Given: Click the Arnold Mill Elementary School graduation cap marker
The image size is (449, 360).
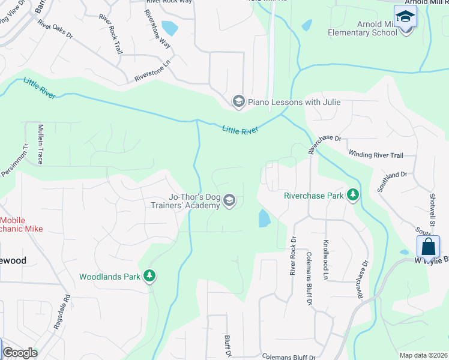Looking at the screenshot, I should [406, 16].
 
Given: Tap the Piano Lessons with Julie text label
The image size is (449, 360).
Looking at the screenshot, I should [294, 102].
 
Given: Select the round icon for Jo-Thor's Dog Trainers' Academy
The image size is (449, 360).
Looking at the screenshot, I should [229, 200].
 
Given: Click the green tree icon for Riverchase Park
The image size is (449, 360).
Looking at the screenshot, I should [354, 195].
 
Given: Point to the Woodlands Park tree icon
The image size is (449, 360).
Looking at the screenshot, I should [149, 276].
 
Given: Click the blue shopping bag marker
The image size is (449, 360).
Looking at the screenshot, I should [429, 247].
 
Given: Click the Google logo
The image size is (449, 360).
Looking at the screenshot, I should [20, 353].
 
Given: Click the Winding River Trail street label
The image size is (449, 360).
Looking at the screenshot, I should [376, 155].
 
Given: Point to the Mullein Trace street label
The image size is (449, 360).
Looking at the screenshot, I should [41, 145].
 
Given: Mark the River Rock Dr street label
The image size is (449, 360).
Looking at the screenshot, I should [294, 256].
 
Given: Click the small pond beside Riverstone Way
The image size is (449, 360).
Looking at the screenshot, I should [170, 28].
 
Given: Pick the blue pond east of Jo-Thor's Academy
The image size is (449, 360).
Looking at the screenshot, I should [264, 218].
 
